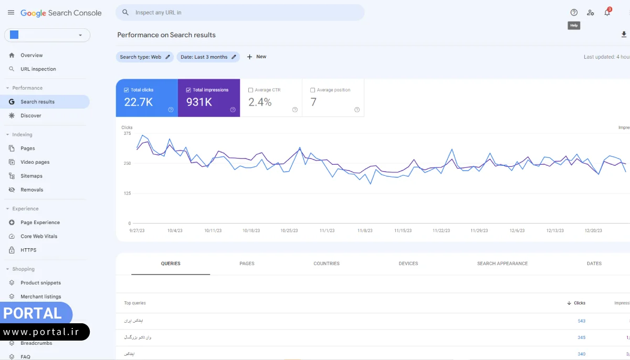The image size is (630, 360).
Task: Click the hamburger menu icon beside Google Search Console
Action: coord(11,13)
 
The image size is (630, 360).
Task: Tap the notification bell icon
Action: coord(607,13)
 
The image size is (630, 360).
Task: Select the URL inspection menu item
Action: coord(38,69)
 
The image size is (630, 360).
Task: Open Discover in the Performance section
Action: coord(30,115)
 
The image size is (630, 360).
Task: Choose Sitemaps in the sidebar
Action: coord(31,176)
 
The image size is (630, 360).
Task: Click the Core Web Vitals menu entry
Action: coord(39,236)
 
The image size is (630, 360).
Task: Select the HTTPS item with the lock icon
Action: coord(28,250)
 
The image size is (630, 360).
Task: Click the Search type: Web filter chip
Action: coord(145,57)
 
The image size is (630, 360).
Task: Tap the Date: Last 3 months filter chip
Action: coord(208,57)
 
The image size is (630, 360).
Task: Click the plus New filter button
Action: coord(256,57)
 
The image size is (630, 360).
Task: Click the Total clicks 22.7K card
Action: coord(146,98)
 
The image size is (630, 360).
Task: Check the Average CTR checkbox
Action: coord(251,90)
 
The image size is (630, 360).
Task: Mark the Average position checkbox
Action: coord(313,90)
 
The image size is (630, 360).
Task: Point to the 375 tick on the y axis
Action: coord(127,133)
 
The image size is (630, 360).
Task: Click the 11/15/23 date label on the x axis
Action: coord(403,230)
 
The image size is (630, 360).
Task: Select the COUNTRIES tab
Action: coord(326,263)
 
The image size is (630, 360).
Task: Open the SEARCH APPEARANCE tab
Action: coord(502,263)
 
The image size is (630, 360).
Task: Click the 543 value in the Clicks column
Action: coord(581,321)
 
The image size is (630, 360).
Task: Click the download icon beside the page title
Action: coord(624,35)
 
